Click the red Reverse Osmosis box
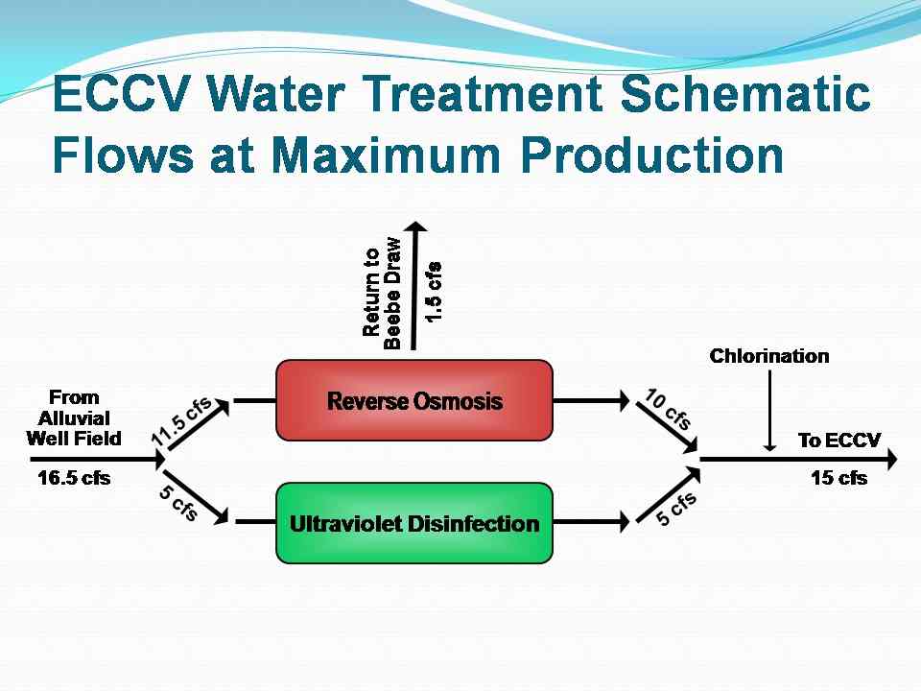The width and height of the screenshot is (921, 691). (x=414, y=400)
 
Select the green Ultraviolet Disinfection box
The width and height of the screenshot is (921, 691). (x=414, y=523)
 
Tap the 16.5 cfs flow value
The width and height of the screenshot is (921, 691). (x=74, y=478)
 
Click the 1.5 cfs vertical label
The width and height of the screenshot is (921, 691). (x=433, y=290)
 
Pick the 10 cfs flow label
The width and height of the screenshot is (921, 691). (x=669, y=409)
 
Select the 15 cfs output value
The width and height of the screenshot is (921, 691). (x=838, y=478)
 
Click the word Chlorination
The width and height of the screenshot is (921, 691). (x=768, y=356)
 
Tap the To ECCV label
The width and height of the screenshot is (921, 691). (x=838, y=441)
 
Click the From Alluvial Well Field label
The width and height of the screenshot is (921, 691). (x=75, y=417)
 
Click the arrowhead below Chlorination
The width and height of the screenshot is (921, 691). (x=768, y=444)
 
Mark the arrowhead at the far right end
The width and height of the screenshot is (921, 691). (x=891, y=460)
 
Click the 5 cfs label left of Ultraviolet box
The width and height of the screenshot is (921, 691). (x=178, y=502)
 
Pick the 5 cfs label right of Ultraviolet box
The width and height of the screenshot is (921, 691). (x=676, y=509)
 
